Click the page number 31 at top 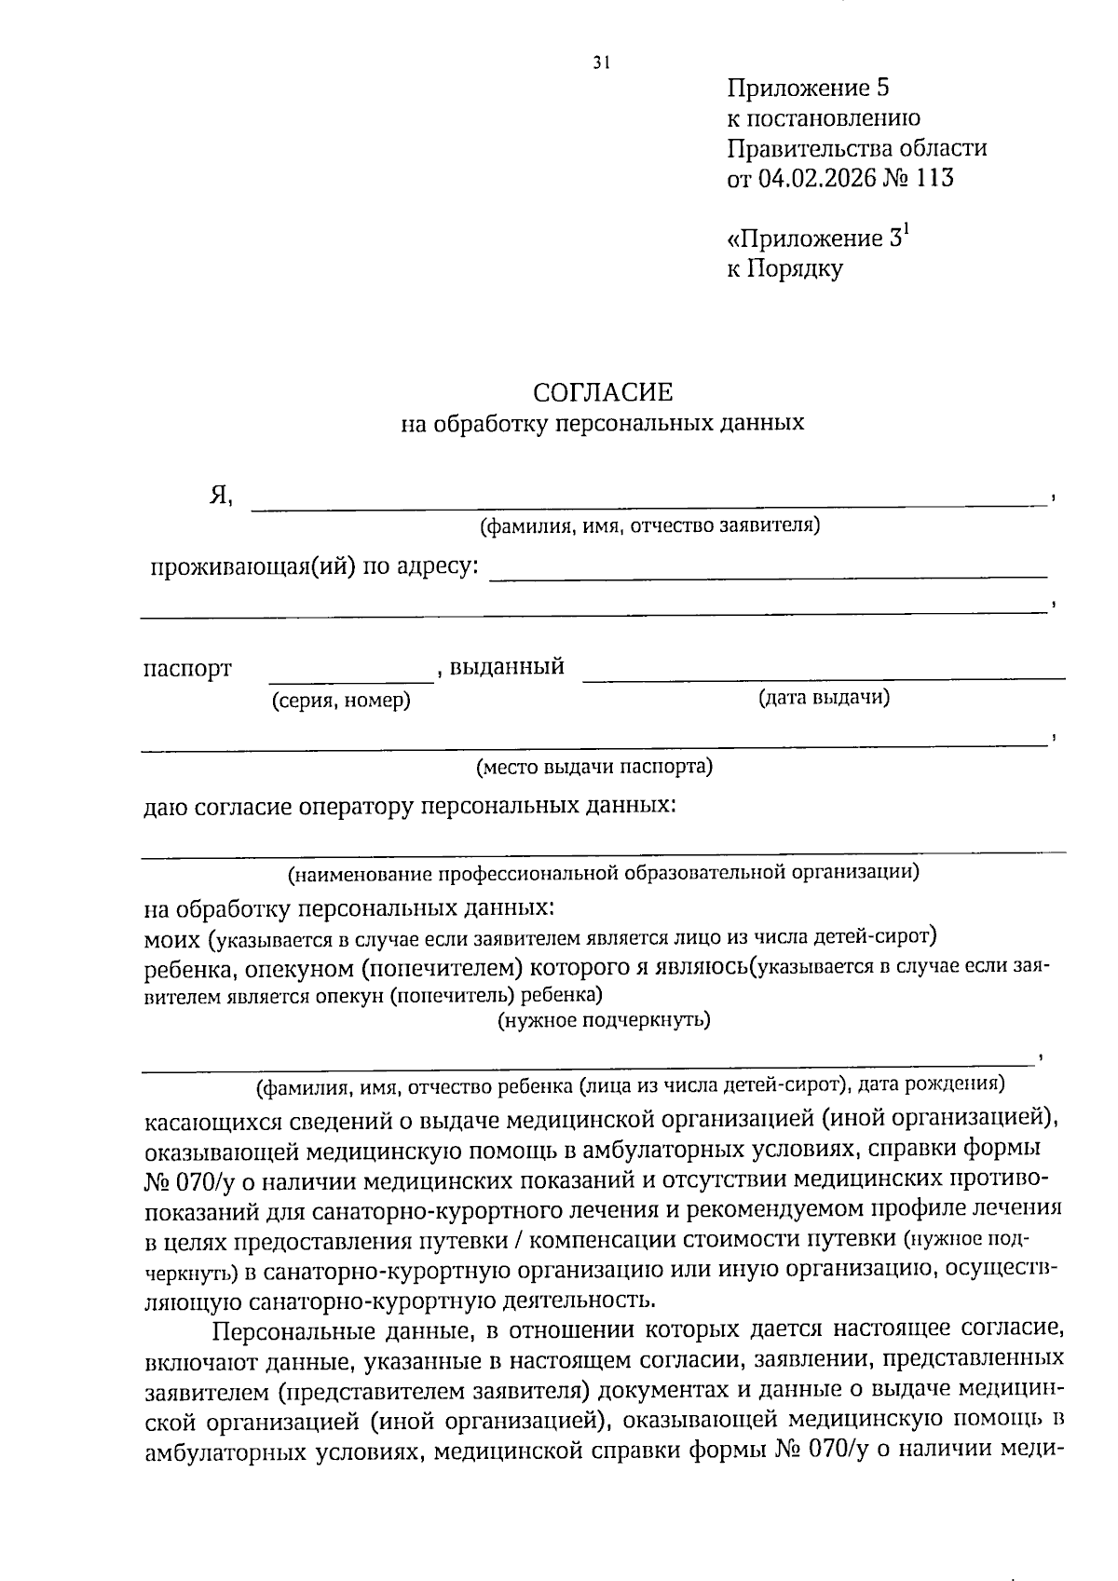coord(600,63)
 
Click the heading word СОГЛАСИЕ coord(602,392)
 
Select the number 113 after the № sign coord(934,178)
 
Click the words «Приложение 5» coord(808,89)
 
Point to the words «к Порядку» coord(784,269)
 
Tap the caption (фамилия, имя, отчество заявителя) coord(649,526)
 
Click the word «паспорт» coord(187,669)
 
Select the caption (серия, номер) coord(341,701)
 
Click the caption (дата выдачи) coord(824,697)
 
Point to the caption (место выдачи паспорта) coord(594,768)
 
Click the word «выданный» coord(506,667)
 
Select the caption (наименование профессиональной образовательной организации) coord(603,873)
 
